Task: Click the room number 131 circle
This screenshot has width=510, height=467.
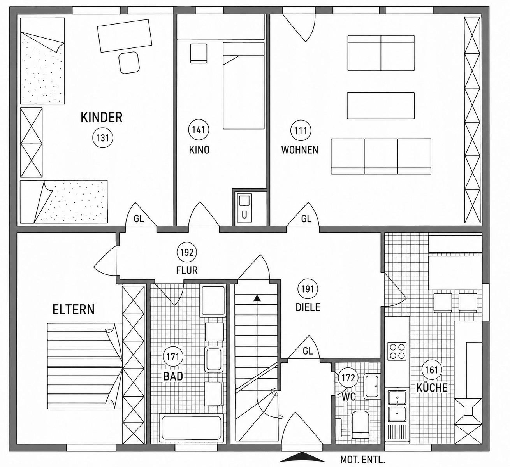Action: click(102, 138)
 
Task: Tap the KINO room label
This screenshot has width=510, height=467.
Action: click(199, 150)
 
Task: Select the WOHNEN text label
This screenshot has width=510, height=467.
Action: click(300, 150)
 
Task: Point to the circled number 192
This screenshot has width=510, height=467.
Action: click(187, 253)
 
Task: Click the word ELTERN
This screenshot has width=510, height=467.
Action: click(74, 310)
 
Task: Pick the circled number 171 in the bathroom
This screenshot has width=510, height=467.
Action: click(173, 357)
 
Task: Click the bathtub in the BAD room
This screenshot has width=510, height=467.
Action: click(191, 428)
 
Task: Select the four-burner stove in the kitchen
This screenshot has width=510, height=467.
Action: click(397, 351)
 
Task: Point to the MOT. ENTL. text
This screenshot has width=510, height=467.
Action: click(362, 460)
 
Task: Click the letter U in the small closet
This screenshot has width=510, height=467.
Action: click(244, 215)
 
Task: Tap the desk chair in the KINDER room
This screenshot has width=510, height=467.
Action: click(129, 63)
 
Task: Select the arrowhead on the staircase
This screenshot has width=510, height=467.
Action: click(257, 298)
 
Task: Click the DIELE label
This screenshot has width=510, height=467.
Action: click(308, 307)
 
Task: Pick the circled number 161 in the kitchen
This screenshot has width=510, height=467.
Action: click(432, 370)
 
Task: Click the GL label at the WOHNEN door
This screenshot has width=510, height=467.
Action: click(306, 219)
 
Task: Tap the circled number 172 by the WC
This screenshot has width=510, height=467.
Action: click(348, 378)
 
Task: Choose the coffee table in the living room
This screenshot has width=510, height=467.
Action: click(381, 105)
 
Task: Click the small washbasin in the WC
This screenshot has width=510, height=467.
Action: click(372, 386)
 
